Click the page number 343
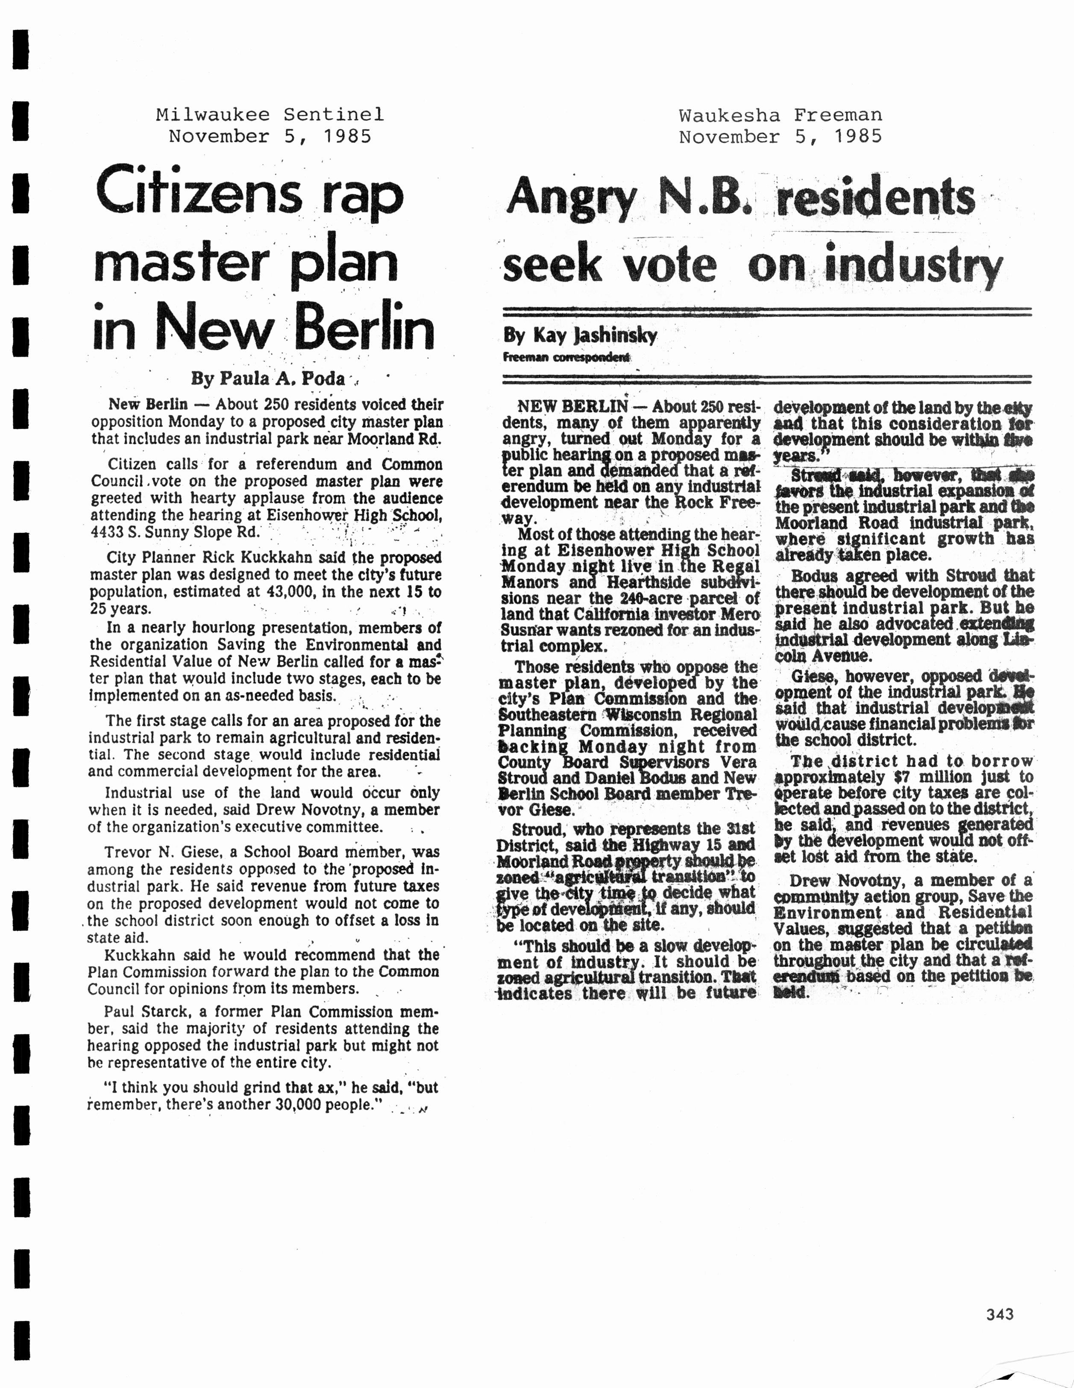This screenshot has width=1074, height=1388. click(x=1000, y=1314)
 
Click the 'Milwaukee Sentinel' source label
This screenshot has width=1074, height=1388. click(x=270, y=114)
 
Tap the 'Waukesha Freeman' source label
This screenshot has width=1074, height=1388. click(x=781, y=115)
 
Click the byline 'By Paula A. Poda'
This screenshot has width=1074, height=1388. click(x=268, y=379)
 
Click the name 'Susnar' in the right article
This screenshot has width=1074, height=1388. click(x=525, y=631)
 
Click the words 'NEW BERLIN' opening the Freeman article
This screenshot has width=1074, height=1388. click(x=572, y=407)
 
